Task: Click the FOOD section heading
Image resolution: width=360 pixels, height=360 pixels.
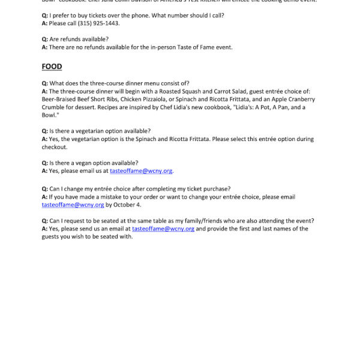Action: click(x=52, y=67)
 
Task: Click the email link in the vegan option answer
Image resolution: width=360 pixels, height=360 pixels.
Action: click(x=141, y=170)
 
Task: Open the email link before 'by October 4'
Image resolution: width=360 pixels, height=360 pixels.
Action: click(x=73, y=205)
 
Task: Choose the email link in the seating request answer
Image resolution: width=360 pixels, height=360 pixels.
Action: click(x=163, y=229)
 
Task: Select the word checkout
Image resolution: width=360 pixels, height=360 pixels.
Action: click(x=54, y=146)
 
